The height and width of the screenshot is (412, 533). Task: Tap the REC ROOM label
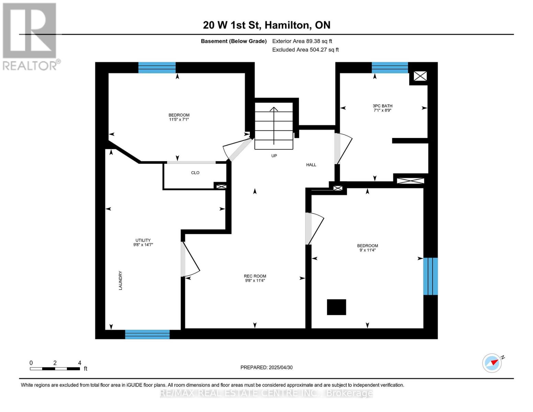click(x=255, y=276)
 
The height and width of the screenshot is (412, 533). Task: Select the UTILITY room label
click(x=143, y=240)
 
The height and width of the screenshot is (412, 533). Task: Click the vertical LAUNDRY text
click(x=120, y=281)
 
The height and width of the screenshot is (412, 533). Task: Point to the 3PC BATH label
click(x=383, y=106)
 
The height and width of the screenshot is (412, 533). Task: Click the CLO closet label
click(x=195, y=173)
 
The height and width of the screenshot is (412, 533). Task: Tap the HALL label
click(x=311, y=165)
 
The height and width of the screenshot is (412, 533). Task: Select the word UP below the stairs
click(x=274, y=156)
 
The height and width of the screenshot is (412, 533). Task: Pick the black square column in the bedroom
click(x=336, y=307)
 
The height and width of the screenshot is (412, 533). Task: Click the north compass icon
click(x=492, y=363)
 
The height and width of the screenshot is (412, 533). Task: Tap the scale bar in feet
click(x=55, y=369)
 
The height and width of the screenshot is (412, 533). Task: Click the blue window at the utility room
click(x=147, y=334)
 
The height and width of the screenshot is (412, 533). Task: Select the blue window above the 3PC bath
click(x=390, y=68)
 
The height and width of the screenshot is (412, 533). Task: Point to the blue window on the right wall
click(x=430, y=276)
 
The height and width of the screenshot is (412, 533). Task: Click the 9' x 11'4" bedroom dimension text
click(x=367, y=250)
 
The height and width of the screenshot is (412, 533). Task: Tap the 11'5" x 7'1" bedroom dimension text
click(x=179, y=119)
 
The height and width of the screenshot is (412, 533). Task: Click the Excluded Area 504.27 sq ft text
click(x=305, y=50)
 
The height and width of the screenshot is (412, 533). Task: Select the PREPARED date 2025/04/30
click(x=266, y=367)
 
